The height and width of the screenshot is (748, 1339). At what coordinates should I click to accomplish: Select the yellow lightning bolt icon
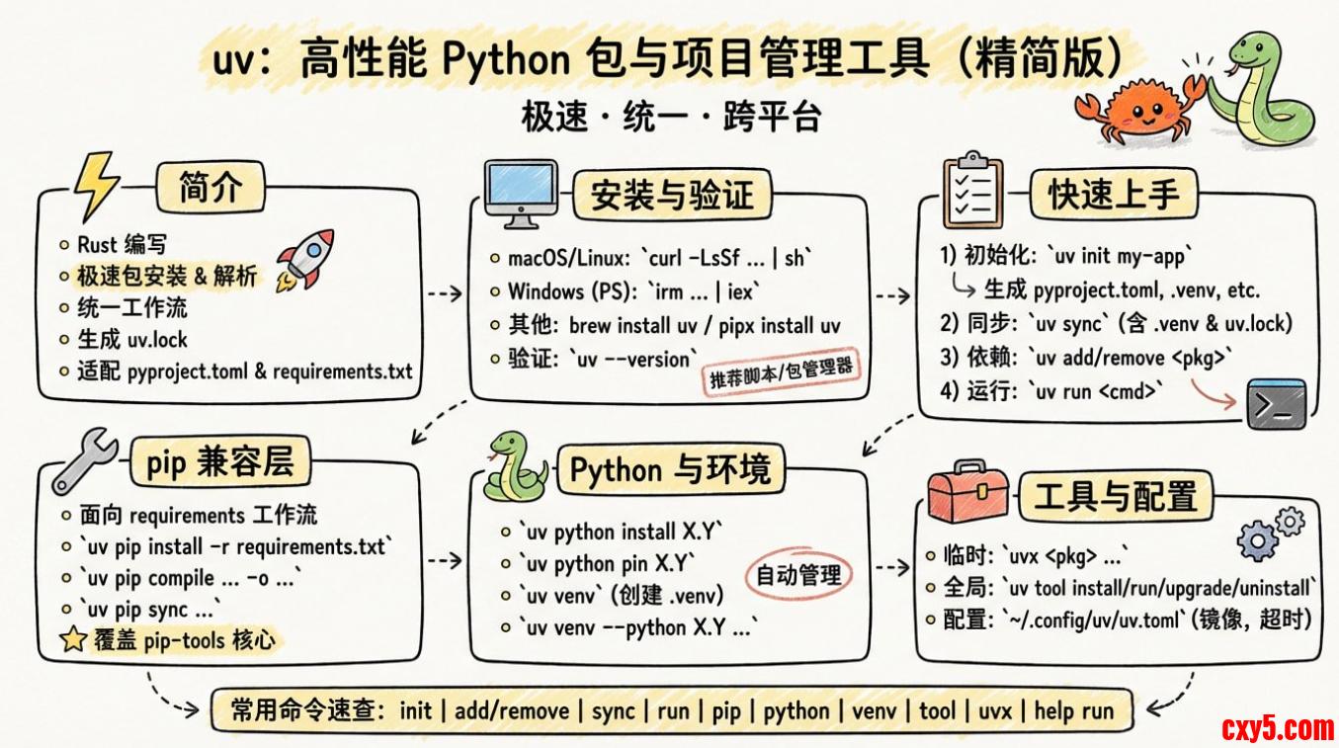pyautogui.click(x=96, y=185)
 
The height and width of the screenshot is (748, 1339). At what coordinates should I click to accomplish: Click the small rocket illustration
pyautogui.click(x=304, y=259)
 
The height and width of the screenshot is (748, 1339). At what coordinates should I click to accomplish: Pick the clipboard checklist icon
pyautogui.click(x=972, y=189)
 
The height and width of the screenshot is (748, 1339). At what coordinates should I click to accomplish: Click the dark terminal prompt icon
pyautogui.click(x=1276, y=403)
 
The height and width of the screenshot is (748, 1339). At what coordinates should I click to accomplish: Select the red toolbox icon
pyautogui.click(x=967, y=494)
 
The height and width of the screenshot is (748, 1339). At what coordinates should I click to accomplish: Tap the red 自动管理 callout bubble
pyautogui.click(x=798, y=574)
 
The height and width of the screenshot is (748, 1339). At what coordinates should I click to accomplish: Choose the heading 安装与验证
pyautogui.click(x=671, y=194)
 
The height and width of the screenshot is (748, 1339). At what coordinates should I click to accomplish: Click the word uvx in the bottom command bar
pyautogui.click(x=994, y=710)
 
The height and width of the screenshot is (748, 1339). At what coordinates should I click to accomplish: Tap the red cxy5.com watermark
pyautogui.click(x=1277, y=729)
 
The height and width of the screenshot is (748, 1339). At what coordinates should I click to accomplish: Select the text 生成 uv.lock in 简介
pyautogui.click(x=132, y=339)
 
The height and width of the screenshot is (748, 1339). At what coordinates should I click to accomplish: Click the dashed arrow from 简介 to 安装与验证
pyautogui.click(x=444, y=293)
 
